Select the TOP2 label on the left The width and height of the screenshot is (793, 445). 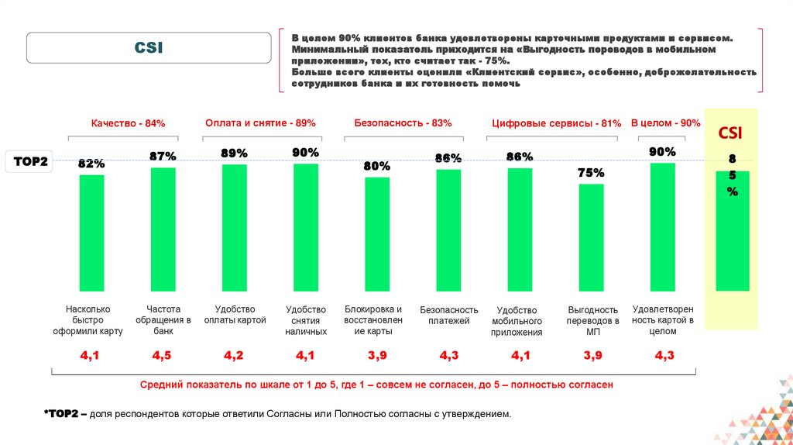[x=31, y=162]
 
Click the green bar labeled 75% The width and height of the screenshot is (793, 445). [x=591, y=236]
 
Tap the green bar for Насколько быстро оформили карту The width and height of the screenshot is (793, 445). [x=92, y=233]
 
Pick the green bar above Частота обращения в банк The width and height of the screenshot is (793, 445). [x=163, y=229]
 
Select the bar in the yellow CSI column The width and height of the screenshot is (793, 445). [x=732, y=230]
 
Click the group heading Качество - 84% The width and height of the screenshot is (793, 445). [x=128, y=123]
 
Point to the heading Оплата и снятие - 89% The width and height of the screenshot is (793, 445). [x=260, y=123]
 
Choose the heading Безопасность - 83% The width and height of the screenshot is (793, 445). [x=403, y=123]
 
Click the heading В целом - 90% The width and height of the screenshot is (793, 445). [x=665, y=123]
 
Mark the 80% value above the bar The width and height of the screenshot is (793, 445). [x=377, y=167]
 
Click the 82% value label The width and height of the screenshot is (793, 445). [x=91, y=164]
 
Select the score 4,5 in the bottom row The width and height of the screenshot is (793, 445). [x=162, y=356]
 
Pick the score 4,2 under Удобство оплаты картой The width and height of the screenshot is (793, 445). [x=234, y=356]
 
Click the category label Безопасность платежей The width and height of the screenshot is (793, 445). [x=449, y=315]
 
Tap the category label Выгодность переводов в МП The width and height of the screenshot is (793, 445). [x=592, y=320]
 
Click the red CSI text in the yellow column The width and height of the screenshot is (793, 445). [x=730, y=133]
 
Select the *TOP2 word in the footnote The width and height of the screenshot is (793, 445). [x=65, y=414]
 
